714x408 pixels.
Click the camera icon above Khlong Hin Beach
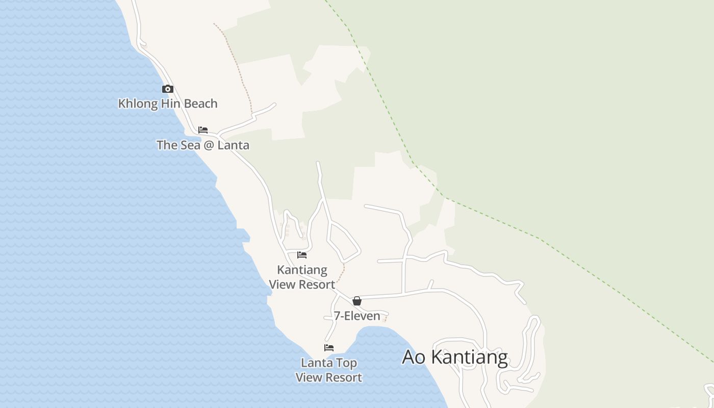[x=167, y=89]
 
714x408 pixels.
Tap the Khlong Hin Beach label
[x=168, y=104]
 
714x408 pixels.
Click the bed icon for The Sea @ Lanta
[x=203, y=130]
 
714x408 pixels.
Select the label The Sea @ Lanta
[x=203, y=145]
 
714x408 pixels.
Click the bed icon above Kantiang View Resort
[x=302, y=255]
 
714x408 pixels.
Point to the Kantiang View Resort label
[x=302, y=277]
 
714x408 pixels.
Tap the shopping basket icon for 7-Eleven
[x=357, y=301]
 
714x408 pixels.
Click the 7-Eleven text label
[x=357, y=316]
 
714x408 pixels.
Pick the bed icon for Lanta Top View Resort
[x=329, y=348]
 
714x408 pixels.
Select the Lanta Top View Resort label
[x=329, y=370]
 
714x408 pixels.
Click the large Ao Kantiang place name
[x=454, y=357]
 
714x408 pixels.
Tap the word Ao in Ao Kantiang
[x=414, y=357]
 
